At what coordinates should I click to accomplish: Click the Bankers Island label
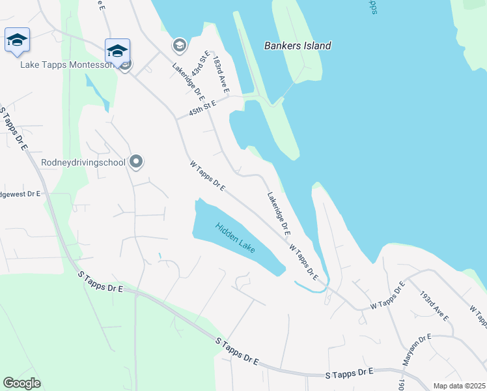tap(298, 46)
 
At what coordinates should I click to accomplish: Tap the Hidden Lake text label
tap(236, 239)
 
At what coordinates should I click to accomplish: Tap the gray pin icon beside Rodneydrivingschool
tap(136, 161)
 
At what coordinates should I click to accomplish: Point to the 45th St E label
tap(201, 108)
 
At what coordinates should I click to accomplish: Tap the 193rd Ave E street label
tap(434, 306)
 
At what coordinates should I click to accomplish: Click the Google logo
tap(21, 383)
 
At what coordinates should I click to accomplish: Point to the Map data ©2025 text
tap(460, 386)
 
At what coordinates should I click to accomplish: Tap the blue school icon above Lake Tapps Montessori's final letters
tap(117, 51)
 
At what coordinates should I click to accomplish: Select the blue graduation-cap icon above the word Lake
tap(17, 40)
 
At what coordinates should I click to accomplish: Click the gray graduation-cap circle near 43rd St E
tap(178, 45)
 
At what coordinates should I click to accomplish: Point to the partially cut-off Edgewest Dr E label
tap(20, 194)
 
